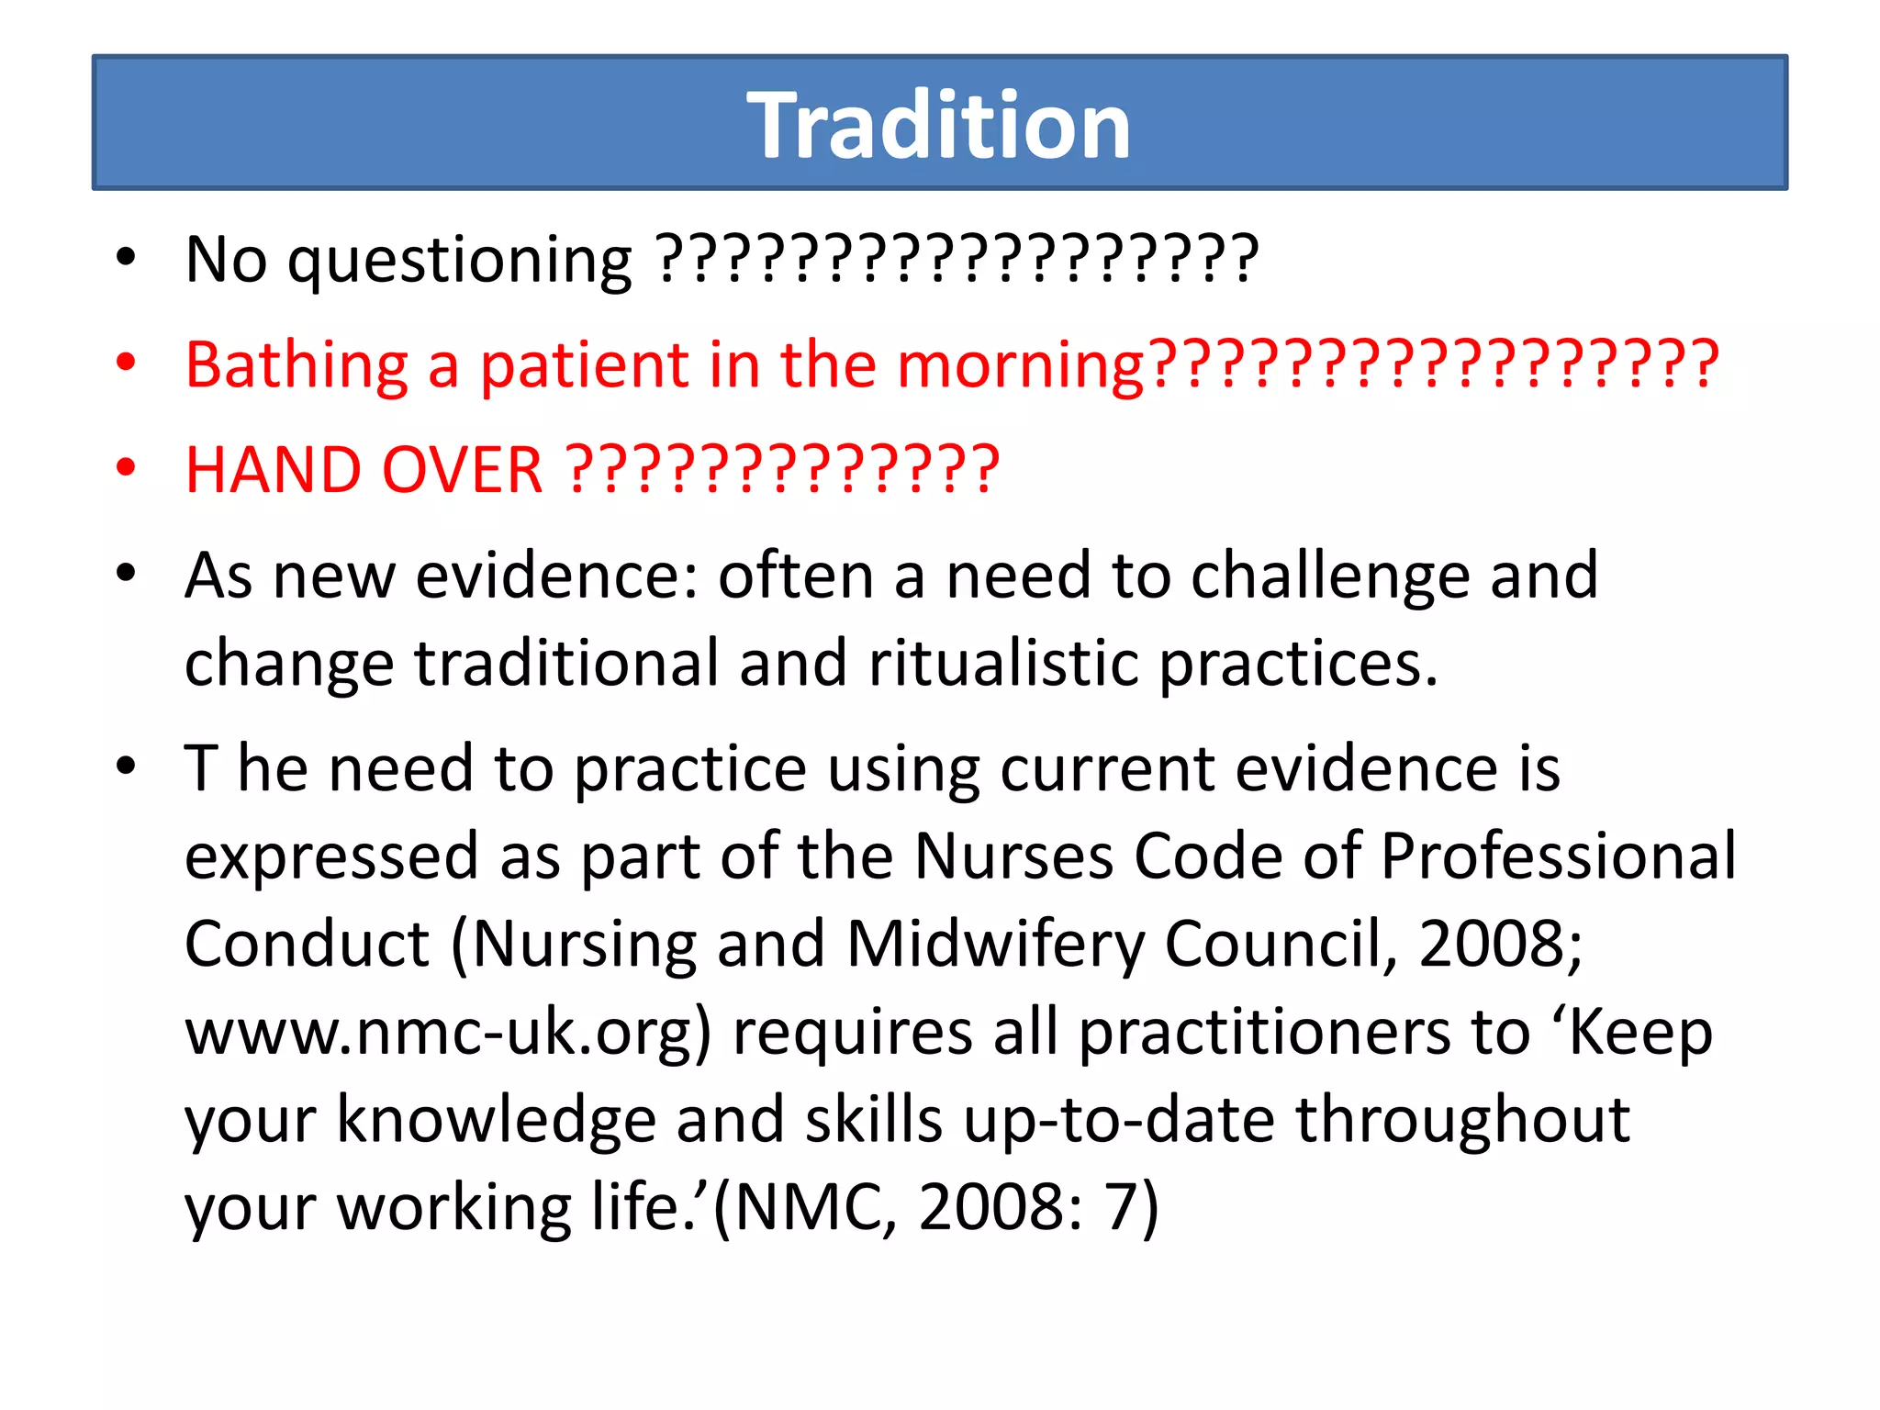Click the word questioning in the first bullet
[459, 261]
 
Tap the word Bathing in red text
[296, 365]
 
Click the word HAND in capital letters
[273, 470]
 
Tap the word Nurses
[1013, 856]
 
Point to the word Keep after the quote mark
[1640, 1032]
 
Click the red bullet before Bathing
[126, 363]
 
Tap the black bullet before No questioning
[126, 258]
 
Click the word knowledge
[496, 1119]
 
